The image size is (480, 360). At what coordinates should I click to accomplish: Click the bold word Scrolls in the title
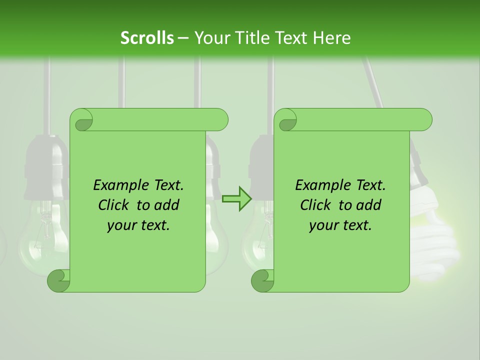(x=147, y=38)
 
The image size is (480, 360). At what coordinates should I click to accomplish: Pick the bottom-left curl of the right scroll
(x=262, y=280)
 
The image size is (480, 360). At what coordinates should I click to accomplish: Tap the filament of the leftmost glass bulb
(x=45, y=220)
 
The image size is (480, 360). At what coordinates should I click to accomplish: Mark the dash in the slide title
(x=183, y=38)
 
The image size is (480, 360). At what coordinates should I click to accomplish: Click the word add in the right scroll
(x=369, y=205)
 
